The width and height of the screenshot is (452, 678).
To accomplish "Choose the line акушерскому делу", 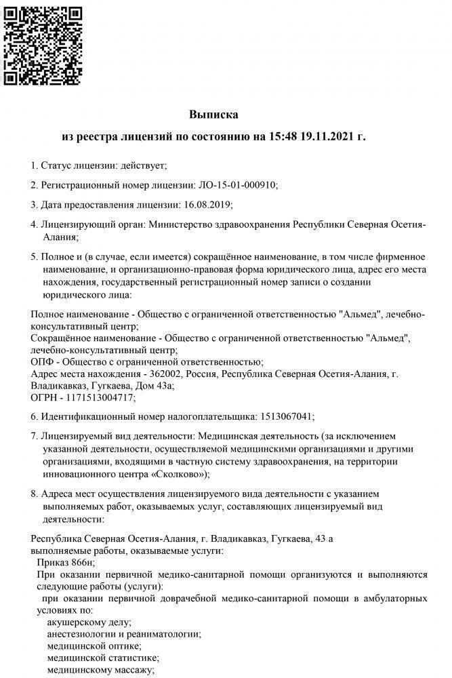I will click(x=89, y=622).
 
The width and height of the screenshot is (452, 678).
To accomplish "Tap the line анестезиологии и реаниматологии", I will click(x=123, y=634).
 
